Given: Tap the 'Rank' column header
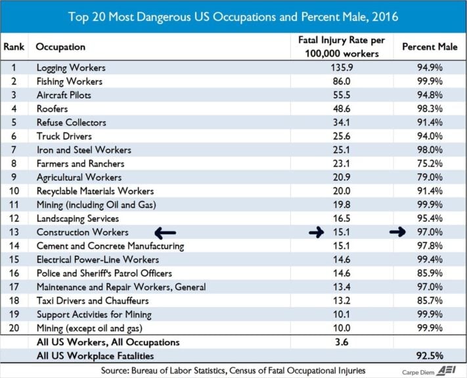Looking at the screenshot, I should pyautogui.click(x=14, y=47).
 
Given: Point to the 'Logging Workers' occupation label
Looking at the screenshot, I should pyautogui.click(x=70, y=68).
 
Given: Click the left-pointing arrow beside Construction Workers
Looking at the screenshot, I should pyautogui.click(x=165, y=232).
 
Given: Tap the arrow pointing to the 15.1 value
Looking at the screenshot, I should pyautogui.click(x=317, y=232).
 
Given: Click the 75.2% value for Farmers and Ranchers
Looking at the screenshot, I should pyautogui.click(x=431, y=163).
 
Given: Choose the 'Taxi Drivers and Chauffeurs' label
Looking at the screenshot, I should pyautogui.click(x=92, y=301).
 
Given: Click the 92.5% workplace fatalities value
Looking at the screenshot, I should pyautogui.click(x=431, y=356).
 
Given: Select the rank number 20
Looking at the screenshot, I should pyautogui.click(x=14, y=328).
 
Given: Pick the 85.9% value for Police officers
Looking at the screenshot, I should pyautogui.click(x=431, y=273).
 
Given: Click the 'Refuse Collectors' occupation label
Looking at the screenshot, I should pyautogui.click(x=71, y=123).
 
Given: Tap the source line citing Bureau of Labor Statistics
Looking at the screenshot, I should pyautogui.click(x=233, y=370).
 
